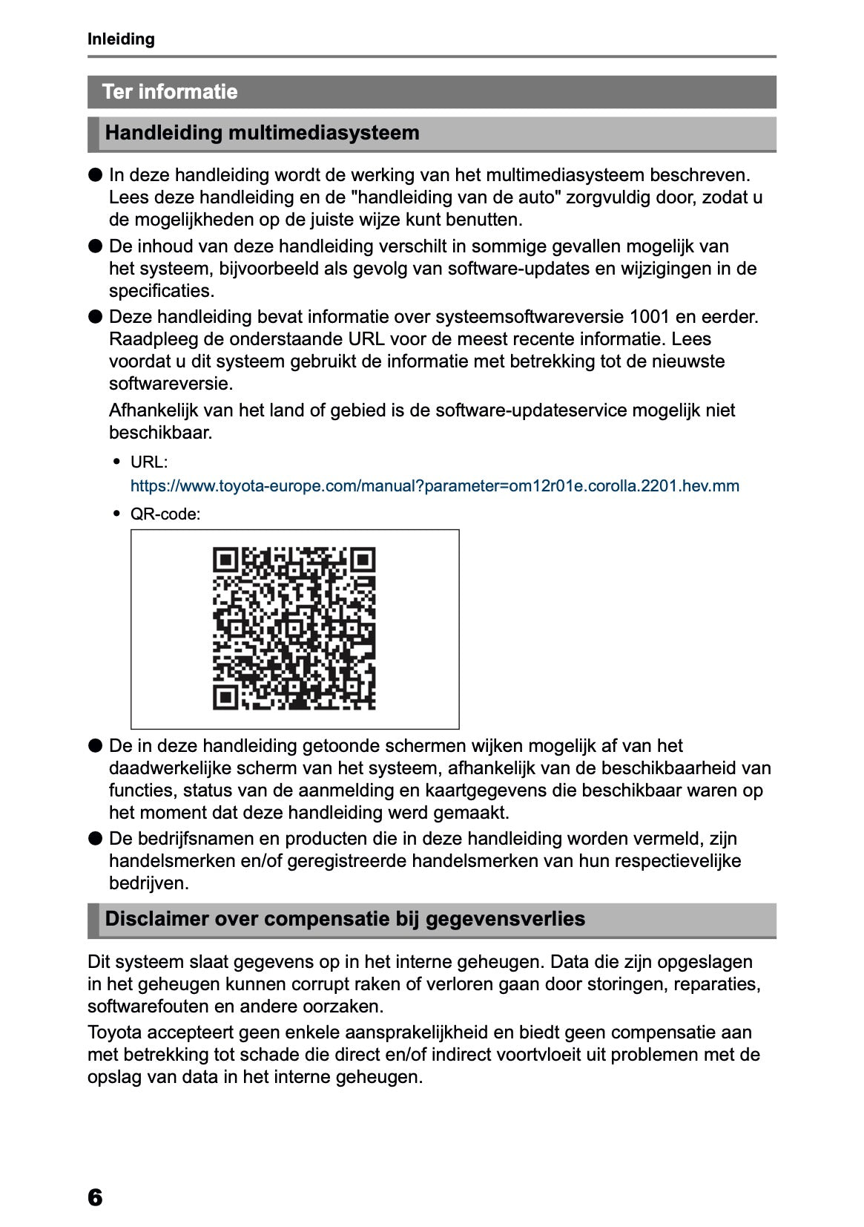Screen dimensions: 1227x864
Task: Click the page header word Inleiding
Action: pyautogui.click(x=121, y=39)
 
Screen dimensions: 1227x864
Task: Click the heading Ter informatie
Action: pyautogui.click(x=170, y=92)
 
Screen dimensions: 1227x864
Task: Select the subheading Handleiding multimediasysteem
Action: pyautogui.click(x=262, y=134)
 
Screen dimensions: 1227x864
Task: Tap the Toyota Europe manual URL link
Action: pyautogui.click(x=435, y=486)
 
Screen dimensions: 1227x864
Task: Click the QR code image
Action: pyautogui.click(x=294, y=629)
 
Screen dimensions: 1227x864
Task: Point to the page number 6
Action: pyautogui.click(x=95, y=1197)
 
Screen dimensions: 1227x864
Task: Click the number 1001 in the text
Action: pyautogui.click(x=649, y=317)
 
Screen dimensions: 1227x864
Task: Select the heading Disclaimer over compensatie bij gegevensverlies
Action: pyautogui.click(x=345, y=919)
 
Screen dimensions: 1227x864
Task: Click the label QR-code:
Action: pyautogui.click(x=165, y=514)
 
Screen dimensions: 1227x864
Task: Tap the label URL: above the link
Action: pyautogui.click(x=149, y=462)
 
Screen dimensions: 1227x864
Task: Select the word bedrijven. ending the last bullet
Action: pyautogui.click(x=149, y=883)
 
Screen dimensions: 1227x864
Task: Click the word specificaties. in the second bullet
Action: pyautogui.click(x=162, y=291)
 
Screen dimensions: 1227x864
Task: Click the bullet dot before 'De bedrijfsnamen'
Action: pyautogui.click(x=95, y=839)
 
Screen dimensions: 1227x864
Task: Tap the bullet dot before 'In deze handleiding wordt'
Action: pyautogui.click(x=95, y=175)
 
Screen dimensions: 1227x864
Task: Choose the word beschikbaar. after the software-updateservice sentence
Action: pyautogui.click(x=161, y=433)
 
